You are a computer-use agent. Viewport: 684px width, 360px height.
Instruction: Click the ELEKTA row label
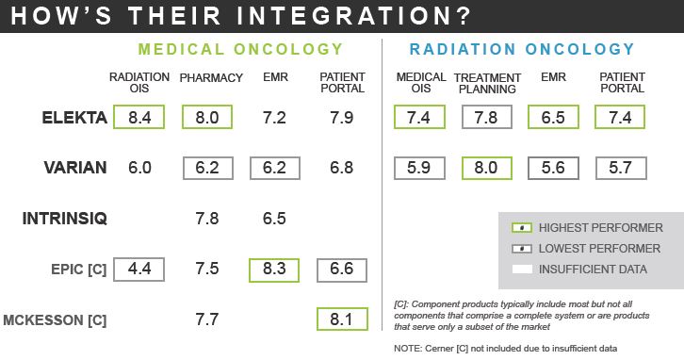73,118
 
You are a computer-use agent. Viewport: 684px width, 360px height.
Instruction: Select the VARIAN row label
75,168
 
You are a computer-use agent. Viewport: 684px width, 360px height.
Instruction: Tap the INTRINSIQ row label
65,219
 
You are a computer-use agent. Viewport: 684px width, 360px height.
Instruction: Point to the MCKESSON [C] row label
55,319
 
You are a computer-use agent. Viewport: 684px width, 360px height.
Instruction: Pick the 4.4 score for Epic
139,269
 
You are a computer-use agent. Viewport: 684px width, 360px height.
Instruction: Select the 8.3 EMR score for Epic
274,269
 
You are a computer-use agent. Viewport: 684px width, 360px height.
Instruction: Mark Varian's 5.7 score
620,168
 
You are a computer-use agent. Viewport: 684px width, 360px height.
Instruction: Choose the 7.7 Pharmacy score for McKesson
206,319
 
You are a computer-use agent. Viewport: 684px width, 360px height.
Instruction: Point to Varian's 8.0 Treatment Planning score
487,168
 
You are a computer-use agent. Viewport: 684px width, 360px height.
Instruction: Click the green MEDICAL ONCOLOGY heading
239,49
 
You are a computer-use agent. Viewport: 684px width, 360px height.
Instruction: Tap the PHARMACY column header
211,77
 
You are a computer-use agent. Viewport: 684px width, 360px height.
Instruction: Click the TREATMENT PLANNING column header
487,83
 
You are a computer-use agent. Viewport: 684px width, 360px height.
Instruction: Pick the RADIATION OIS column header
139,83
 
